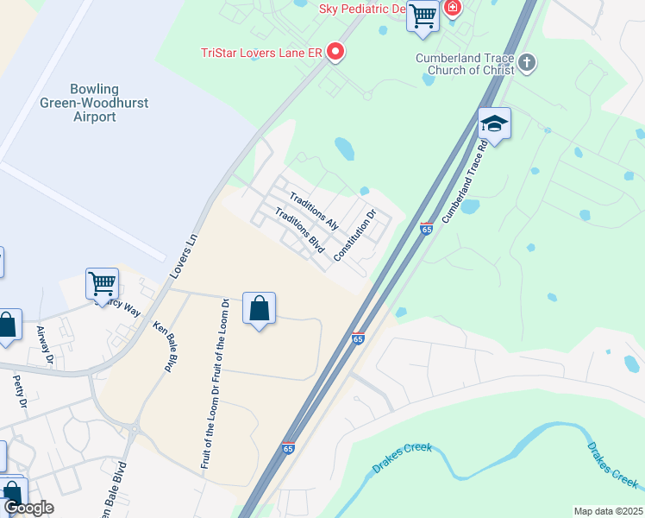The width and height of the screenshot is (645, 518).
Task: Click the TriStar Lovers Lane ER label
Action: [x=260, y=53]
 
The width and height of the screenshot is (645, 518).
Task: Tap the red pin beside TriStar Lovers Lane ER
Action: [x=336, y=53]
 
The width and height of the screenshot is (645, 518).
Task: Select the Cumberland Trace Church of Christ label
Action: [x=466, y=63]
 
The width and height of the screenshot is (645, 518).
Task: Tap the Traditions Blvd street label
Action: [x=298, y=231]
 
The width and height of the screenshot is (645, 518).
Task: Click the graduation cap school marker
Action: [x=494, y=124]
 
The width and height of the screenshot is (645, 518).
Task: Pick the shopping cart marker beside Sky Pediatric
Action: [x=423, y=16]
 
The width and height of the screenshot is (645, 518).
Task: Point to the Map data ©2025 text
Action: [x=607, y=511]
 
